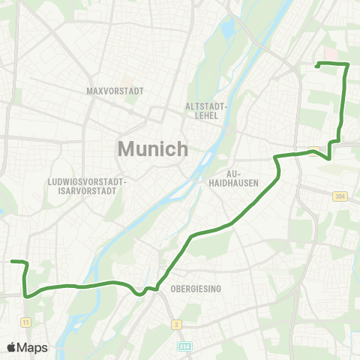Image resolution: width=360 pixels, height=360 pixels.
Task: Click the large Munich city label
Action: point(153,148)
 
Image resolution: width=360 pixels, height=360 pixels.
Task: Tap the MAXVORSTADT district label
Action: point(115,91)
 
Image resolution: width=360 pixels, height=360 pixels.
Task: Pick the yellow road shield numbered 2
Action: point(176,324)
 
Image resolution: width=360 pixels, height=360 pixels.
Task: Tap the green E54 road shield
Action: point(185,346)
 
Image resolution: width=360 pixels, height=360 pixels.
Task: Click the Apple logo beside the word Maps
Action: point(12,347)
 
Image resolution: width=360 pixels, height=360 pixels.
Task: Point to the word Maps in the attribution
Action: point(33,347)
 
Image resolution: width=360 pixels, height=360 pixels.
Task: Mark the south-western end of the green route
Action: point(12,262)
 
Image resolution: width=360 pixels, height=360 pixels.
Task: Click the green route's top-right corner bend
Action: point(348,64)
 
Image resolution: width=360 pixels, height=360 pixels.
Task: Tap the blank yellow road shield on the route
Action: point(313,151)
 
